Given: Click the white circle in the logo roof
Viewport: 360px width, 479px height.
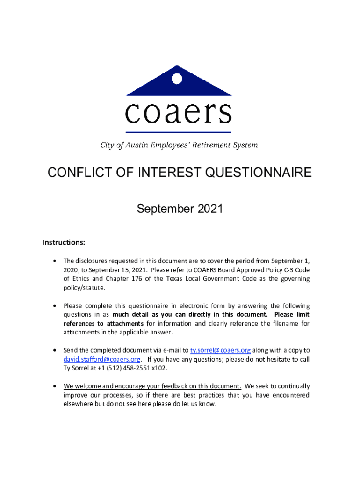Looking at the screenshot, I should pyautogui.click(x=177, y=79).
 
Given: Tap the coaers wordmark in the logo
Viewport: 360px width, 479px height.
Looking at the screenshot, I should pyautogui.click(x=179, y=113).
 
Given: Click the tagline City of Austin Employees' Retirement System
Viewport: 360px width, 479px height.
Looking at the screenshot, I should pyautogui.click(x=179, y=145).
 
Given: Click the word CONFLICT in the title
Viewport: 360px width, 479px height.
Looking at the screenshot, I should pyautogui.click(x=79, y=173).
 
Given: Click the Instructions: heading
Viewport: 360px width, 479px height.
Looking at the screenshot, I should pyautogui.click(x=64, y=242).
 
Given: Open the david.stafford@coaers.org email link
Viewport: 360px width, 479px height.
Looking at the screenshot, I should pyautogui.click(x=102, y=359).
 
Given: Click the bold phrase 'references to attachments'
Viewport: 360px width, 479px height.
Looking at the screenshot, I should pyautogui.click(x=104, y=324).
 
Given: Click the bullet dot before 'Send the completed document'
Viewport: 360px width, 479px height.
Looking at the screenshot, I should pyautogui.click(x=55, y=350).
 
